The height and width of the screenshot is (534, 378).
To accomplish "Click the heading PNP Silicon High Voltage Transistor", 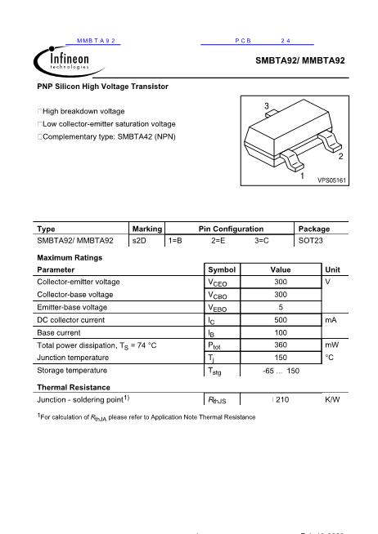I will tap(103, 86).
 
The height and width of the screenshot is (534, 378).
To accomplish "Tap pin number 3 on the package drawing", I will tap(268, 107).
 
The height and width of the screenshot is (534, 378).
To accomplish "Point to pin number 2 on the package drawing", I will tap(340, 155).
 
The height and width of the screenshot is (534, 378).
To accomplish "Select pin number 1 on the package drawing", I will tap(302, 176).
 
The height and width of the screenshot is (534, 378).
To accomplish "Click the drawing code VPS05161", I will tap(332, 180).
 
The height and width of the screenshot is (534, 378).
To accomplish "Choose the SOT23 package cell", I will tap(311, 241).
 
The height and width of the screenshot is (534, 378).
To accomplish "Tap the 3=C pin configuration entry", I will tap(262, 241).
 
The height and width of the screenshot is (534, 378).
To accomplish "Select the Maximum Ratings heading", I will tap(70, 257).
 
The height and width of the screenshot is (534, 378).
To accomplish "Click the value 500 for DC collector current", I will tap(281, 320).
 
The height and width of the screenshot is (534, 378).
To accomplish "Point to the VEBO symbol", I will tap(217, 308).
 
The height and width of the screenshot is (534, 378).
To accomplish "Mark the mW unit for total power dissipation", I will tap(331, 345).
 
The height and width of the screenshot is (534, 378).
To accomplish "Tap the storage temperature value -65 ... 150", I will tap(281, 372).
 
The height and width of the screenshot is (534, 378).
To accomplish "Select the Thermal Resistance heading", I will tap(74, 387).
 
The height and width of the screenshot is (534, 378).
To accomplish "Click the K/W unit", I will tap(332, 400).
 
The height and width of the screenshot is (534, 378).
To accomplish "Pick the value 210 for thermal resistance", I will tap(283, 400).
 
